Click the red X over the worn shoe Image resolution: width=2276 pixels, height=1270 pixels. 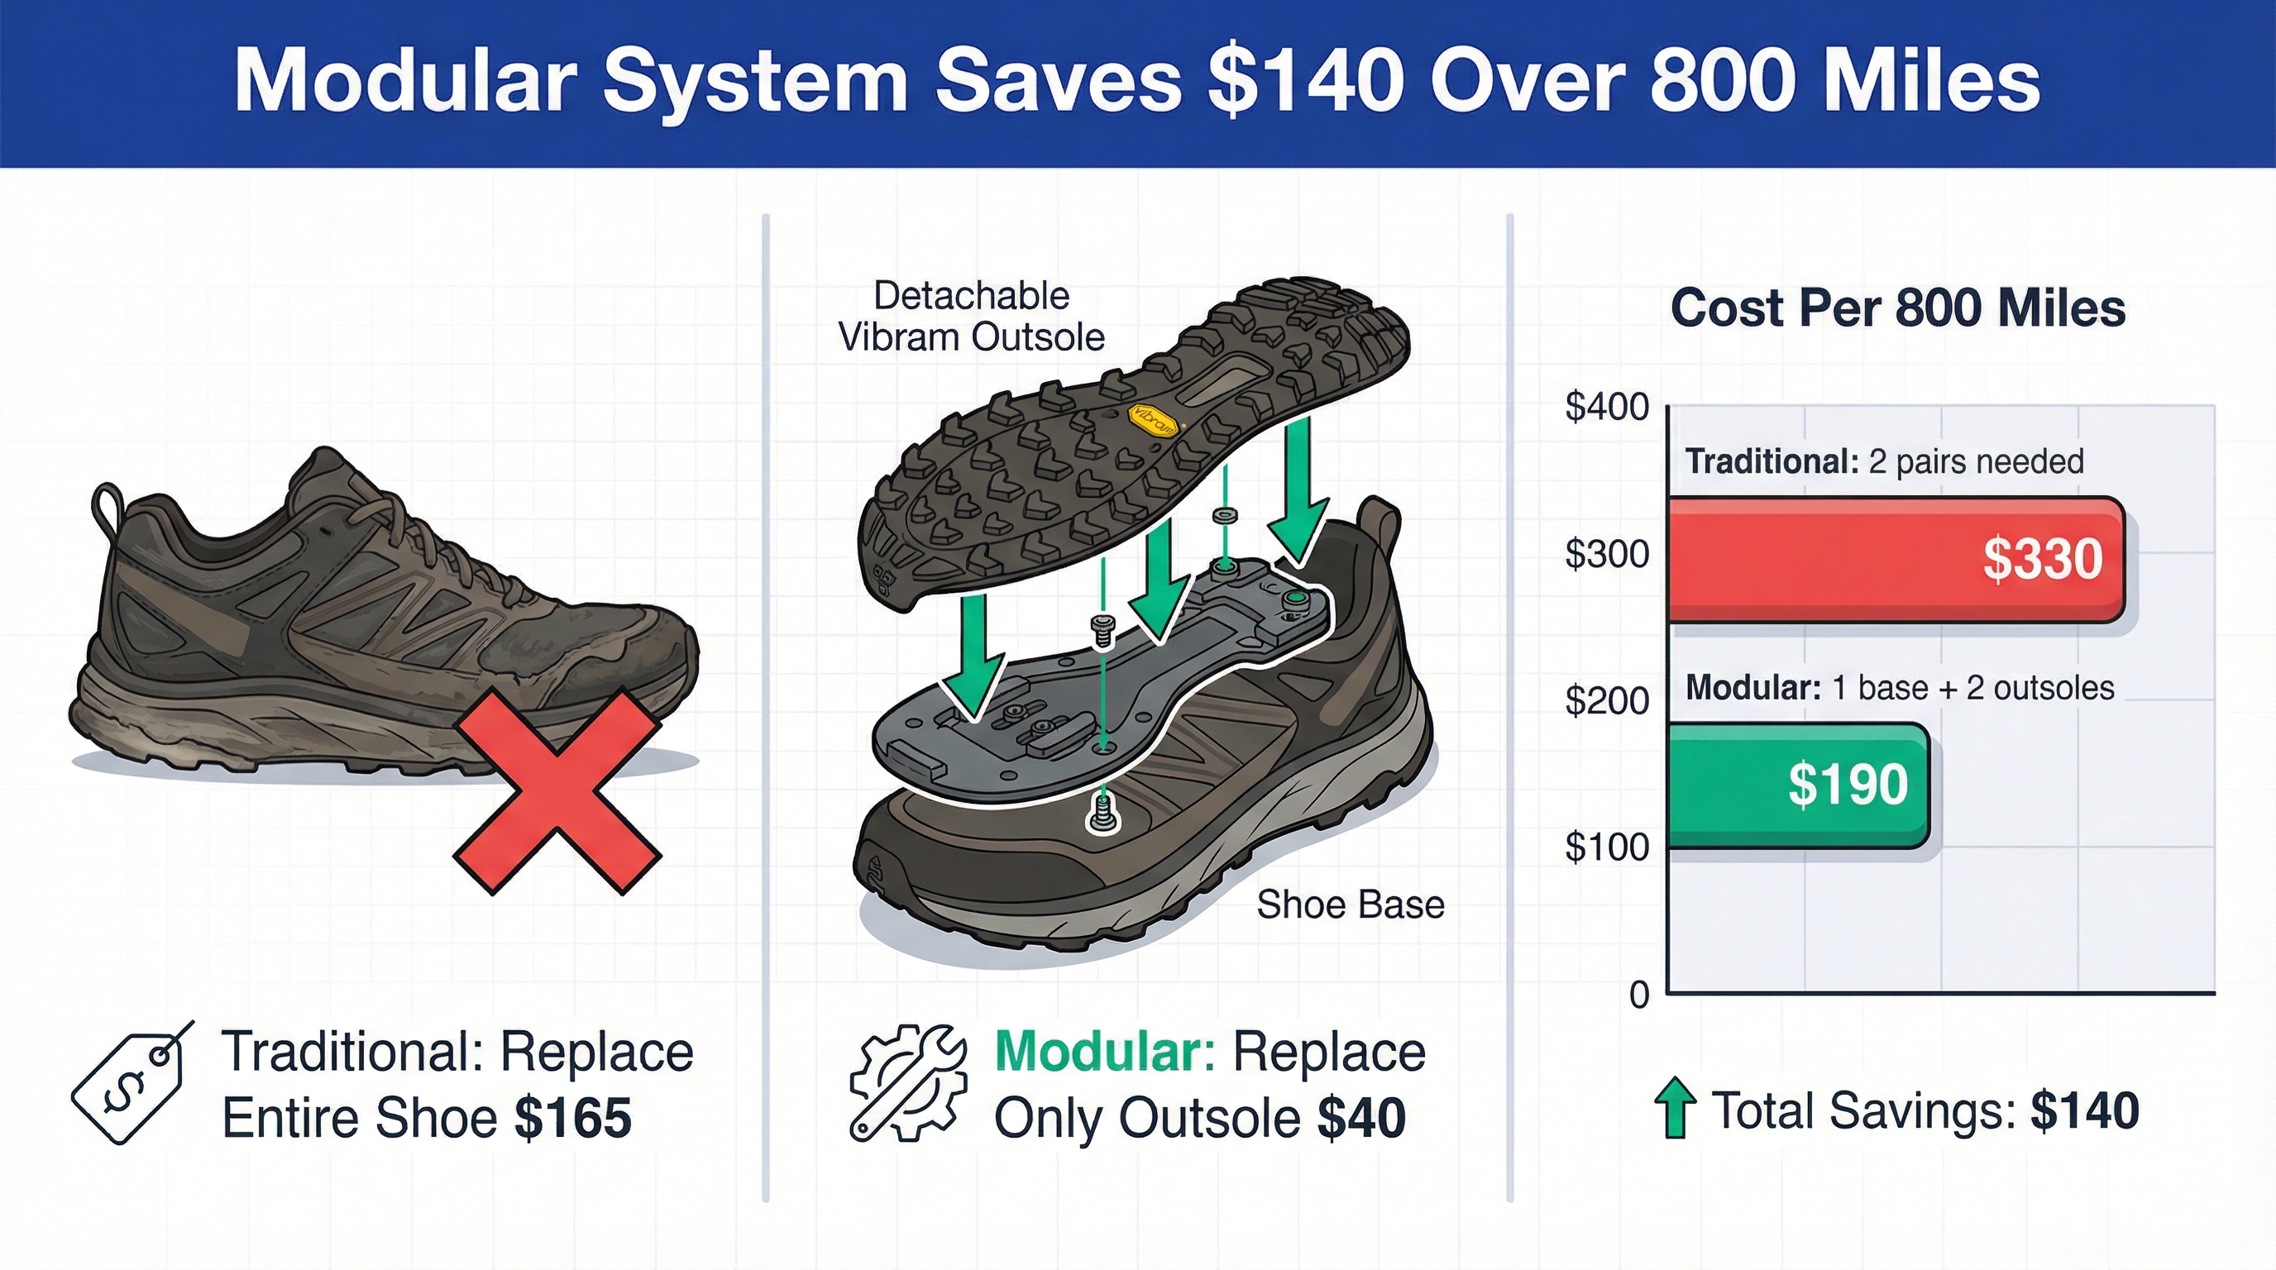[x=557, y=792]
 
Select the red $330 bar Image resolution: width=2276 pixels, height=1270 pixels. [x=1896, y=560]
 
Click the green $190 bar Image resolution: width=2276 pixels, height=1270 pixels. [x=1798, y=785]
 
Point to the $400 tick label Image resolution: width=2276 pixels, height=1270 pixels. [x=1606, y=407]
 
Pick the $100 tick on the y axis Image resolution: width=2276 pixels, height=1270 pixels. [x=1606, y=847]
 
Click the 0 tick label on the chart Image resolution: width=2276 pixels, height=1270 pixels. [x=1639, y=995]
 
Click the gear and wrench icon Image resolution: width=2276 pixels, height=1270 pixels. [x=907, y=1083]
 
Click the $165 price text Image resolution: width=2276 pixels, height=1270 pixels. [x=573, y=1118]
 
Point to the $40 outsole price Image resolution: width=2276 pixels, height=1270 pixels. [x=1361, y=1118]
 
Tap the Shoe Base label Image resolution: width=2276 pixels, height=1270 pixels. [x=1350, y=905]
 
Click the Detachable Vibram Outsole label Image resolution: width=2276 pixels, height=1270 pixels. [x=971, y=316]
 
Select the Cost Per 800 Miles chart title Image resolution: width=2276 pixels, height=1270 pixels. [x=1898, y=308]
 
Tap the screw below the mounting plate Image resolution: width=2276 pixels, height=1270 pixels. [x=1102, y=812]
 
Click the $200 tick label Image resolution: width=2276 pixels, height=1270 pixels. [x=1606, y=701]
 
